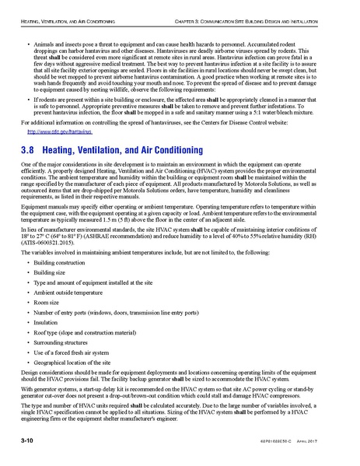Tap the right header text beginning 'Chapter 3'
pos(268,6)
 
